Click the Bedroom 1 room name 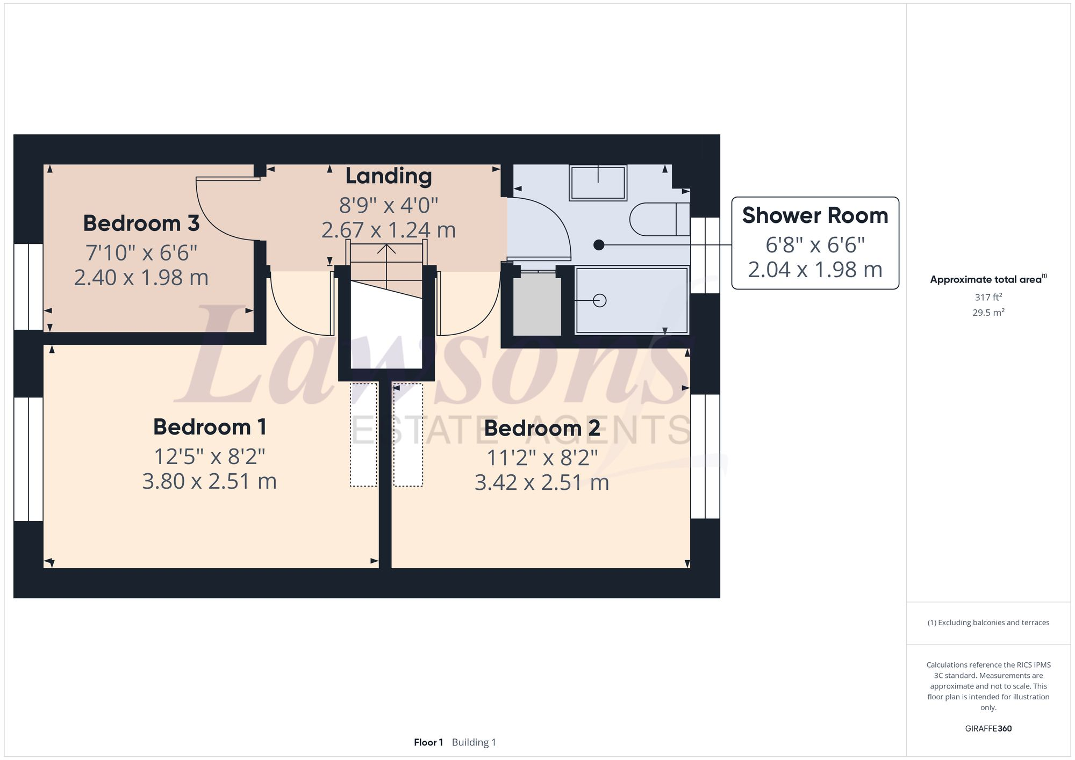tap(210, 427)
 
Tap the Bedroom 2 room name tap(542, 428)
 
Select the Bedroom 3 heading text tap(141, 223)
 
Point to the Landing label tap(388, 176)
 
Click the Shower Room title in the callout tap(815, 215)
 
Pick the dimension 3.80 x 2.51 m tap(210, 481)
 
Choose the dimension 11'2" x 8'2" tap(542, 458)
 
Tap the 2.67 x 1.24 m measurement tap(388, 230)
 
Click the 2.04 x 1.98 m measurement tap(815, 270)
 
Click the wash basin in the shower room tap(598, 183)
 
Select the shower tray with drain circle tap(631, 301)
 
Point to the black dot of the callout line tap(599, 245)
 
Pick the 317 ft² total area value tap(988, 297)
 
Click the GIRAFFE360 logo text tap(988, 729)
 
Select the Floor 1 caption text tap(428, 742)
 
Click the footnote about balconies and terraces tap(988, 623)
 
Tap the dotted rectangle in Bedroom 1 tap(363, 435)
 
